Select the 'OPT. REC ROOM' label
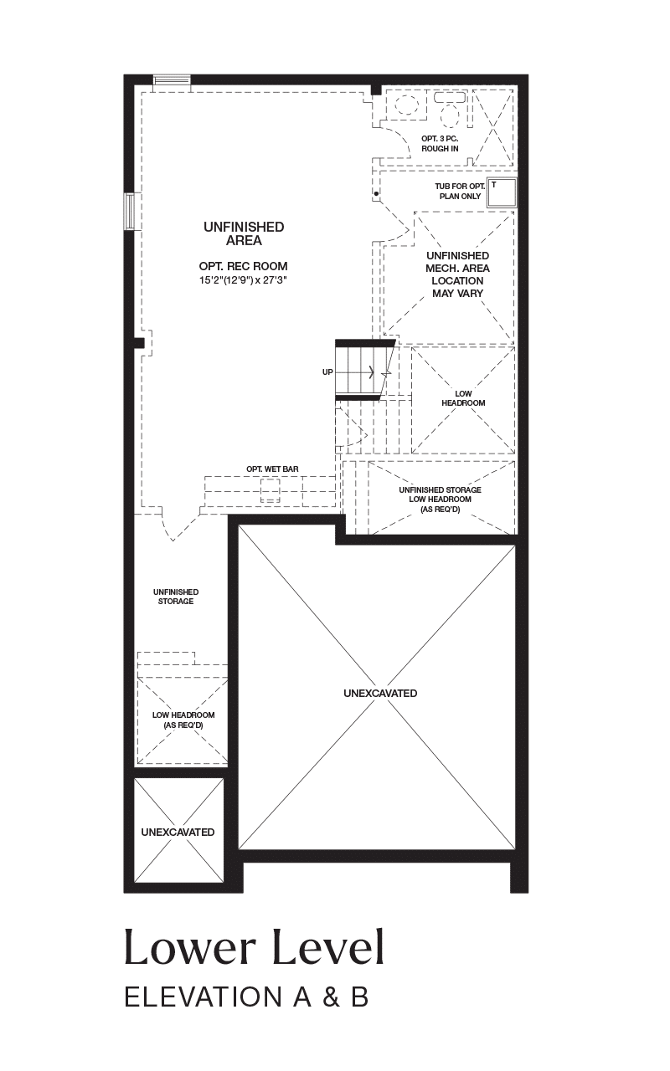[243, 266]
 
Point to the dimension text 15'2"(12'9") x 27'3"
[243, 280]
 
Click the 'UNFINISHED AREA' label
[244, 233]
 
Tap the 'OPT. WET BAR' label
[272, 469]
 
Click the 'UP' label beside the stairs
[327, 372]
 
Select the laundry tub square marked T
[502, 192]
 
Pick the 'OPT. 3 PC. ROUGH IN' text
[440, 143]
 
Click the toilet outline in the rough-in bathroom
[450, 109]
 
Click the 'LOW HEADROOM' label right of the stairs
[463, 397]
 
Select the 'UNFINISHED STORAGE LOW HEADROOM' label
[441, 500]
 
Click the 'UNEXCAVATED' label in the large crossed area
[380, 693]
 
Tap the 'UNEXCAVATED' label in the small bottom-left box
[178, 832]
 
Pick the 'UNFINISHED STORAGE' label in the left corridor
[176, 597]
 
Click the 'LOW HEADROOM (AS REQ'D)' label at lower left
[183, 720]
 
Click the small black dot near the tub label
[376, 193]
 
